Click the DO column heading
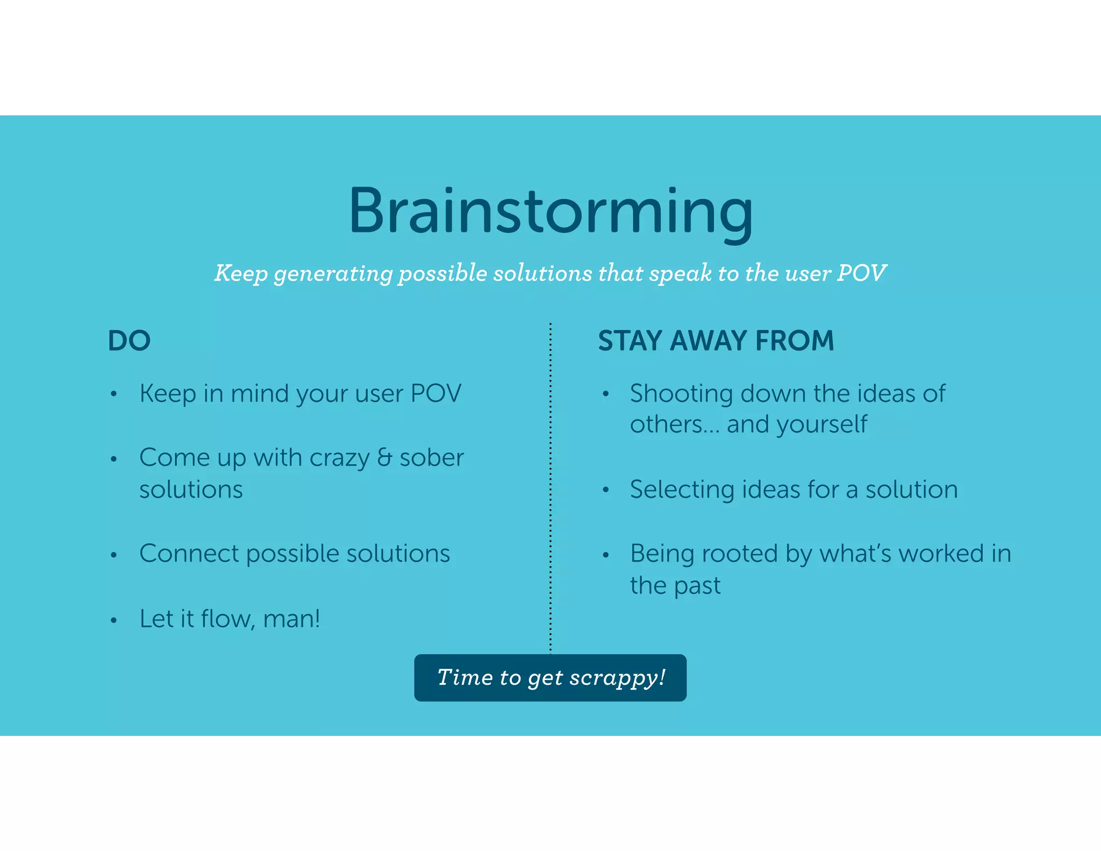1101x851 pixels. tap(129, 341)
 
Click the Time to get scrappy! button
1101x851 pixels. tap(550, 678)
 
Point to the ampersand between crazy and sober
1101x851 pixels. tap(384, 457)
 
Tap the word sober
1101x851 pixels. tap(431, 457)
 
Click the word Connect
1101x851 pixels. tap(189, 554)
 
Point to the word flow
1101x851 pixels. tap(227, 619)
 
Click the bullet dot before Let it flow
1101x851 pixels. tap(113, 620)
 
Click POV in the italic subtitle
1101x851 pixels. tap(861, 273)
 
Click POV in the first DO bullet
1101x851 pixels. tap(435, 394)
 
